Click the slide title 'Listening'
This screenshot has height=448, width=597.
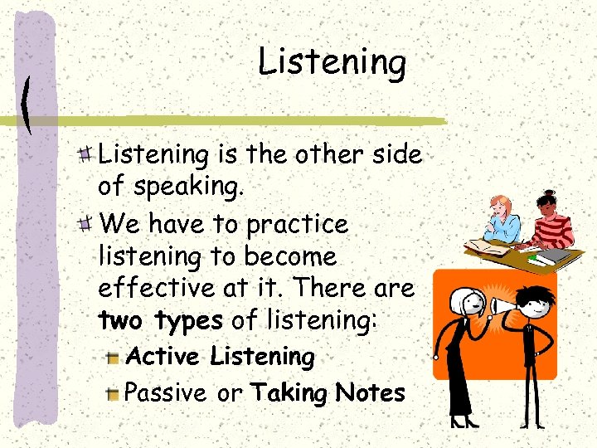332,62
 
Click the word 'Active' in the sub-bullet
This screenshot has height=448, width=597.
163,357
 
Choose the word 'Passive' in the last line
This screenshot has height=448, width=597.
166,392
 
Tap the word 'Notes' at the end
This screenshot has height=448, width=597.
370,392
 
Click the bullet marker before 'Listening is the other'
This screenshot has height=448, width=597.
85,153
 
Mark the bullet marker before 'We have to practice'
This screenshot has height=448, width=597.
85,225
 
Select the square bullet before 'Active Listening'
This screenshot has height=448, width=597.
114,358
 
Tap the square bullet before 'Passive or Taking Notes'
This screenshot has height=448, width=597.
114,394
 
